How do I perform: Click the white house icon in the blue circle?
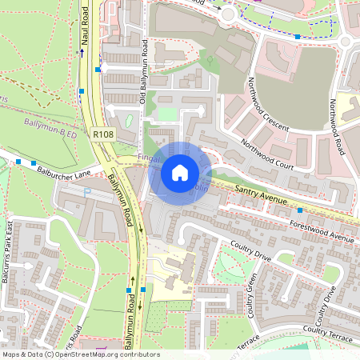pyautogui.click(x=180, y=172)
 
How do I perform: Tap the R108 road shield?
pyautogui.click(x=102, y=136)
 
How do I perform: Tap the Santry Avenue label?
pyautogui.click(x=261, y=196)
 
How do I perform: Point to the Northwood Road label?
pyautogui.click(x=338, y=126)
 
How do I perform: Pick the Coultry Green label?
pyautogui.click(x=250, y=294)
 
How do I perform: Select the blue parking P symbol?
pyautogui.click(x=88, y=193)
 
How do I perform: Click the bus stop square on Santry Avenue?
pyautogui.click(x=300, y=210)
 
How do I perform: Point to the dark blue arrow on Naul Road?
pyautogui.click(x=81, y=53)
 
